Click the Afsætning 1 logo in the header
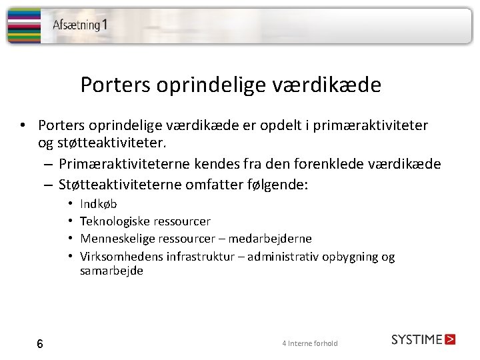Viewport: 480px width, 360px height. click(80, 25)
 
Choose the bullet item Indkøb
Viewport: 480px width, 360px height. click(98, 204)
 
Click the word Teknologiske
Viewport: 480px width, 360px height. click(115, 221)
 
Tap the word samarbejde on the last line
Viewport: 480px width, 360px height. click(111, 271)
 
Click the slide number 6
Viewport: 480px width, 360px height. click(40, 344)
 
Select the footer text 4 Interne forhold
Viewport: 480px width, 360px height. click(310, 343)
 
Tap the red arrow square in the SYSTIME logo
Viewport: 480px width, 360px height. click(450, 339)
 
